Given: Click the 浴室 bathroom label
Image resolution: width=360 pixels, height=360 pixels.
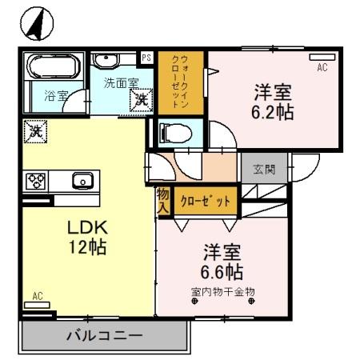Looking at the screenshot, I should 55,95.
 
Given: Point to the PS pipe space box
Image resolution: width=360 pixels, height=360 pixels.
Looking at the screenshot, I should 146,58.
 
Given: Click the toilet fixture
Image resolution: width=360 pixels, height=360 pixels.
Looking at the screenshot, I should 170,133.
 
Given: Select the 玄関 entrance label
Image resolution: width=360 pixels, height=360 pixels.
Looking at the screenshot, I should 265,169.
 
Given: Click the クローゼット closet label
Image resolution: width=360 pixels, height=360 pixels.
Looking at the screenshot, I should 206,201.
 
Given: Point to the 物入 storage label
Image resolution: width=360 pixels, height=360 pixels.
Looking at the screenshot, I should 162,200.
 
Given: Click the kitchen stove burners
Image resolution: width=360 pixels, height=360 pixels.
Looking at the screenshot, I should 37,181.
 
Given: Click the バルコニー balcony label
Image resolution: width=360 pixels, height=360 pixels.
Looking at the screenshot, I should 103,335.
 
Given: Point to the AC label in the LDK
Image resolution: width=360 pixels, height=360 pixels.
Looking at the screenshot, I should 37,296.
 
